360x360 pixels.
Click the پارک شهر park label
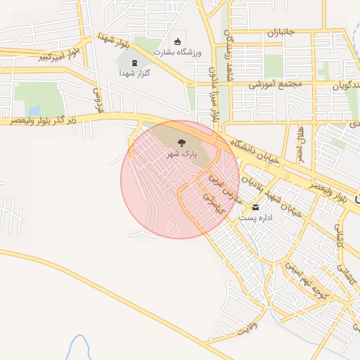[x=181, y=153]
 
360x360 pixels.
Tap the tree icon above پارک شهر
[x=181, y=141]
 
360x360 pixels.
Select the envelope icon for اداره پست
[x=255, y=207]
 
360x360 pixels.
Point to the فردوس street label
[x=98, y=98]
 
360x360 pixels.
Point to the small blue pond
[x=34, y=110]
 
